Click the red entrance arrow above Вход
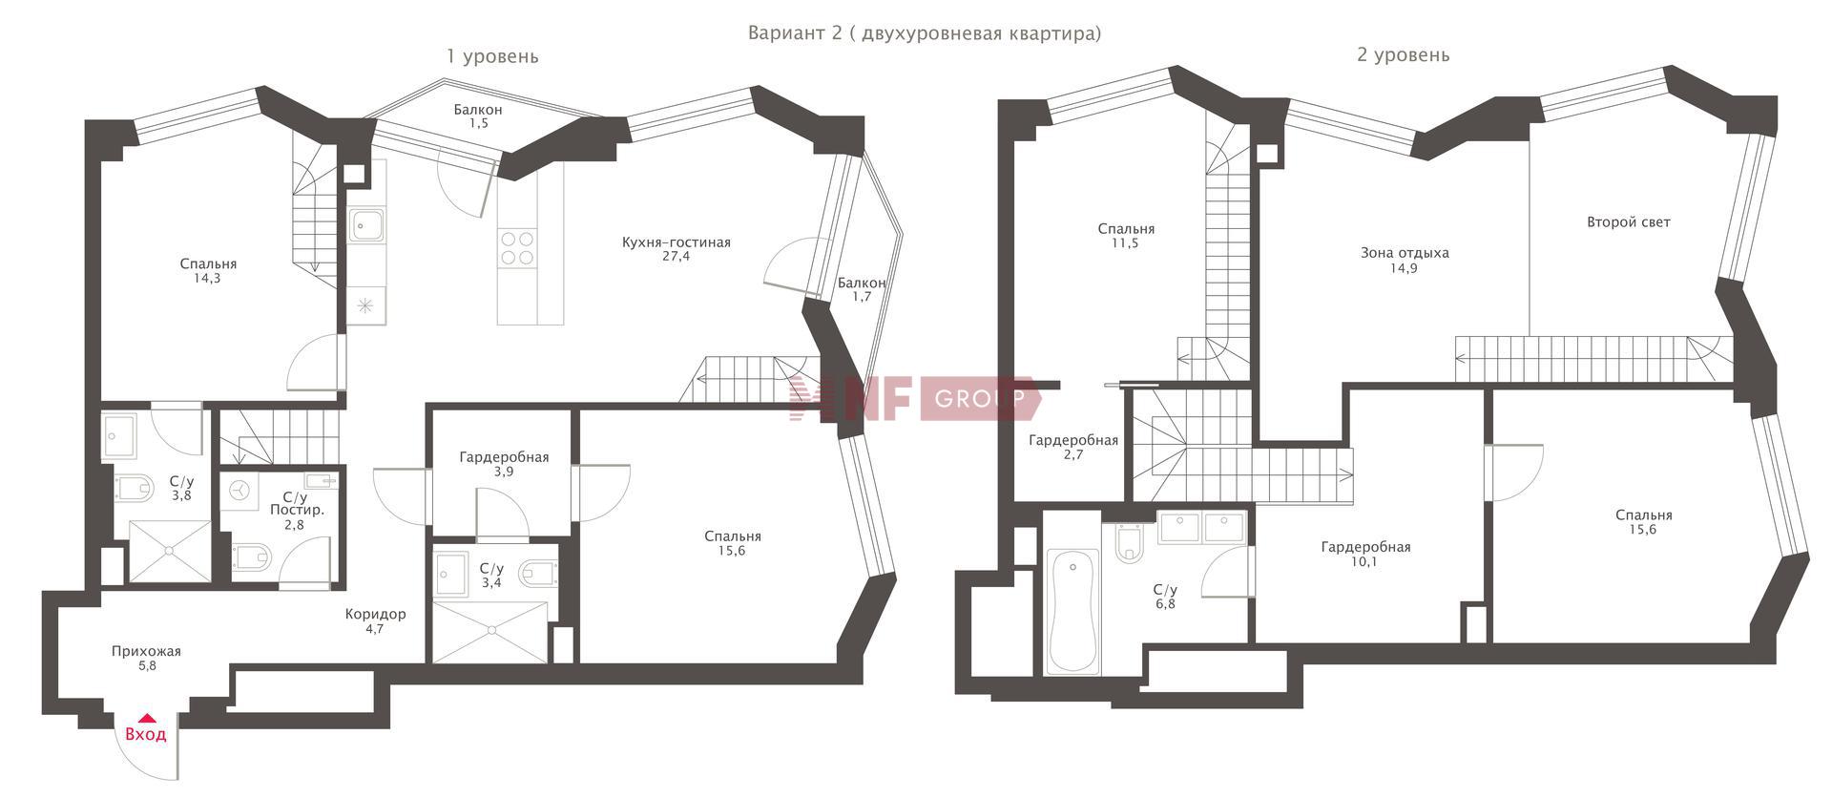(x=146, y=718)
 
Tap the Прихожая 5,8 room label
(x=146, y=659)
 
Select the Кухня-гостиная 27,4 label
(x=677, y=249)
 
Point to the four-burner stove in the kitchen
(x=517, y=248)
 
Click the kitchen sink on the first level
(x=366, y=225)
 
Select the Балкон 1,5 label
(x=478, y=116)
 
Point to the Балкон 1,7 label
(x=862, y=289)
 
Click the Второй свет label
(x=1629, y=221)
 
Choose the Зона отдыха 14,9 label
(x=1405, y=260)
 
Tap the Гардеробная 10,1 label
(x=1365, y=554)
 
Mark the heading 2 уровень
(x=1403, y=55)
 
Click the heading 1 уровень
(x=492, y=56)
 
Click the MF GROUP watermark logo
(x=914, y=398)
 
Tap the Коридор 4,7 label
(x=375, y=620)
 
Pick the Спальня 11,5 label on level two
(x=1126, y=236)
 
